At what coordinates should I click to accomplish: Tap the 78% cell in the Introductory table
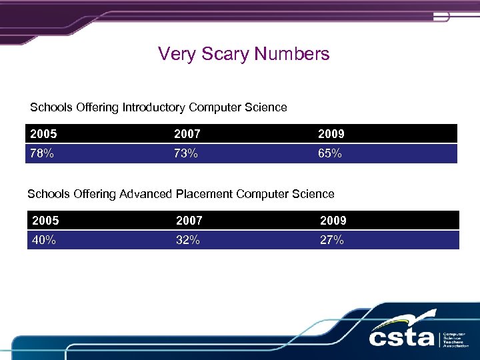(42, 154)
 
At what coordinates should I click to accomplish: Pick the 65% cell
(331, 154)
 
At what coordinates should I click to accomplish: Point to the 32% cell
(189, 240)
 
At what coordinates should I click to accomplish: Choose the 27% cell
(332, 240)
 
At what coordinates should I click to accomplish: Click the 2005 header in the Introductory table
(44, 134)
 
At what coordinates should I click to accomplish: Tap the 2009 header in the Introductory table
(331, 134)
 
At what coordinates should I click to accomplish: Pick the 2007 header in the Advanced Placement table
(190, 220)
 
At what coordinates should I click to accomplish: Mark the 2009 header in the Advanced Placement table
(333, 220)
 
